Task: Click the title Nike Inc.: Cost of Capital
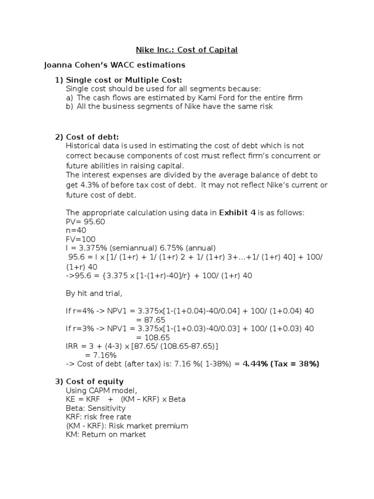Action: (186, 50)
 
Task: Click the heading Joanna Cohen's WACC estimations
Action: (114, 64)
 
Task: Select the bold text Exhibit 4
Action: (238, 212)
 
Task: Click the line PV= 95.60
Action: (85, 222)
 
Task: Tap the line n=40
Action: (76, 230)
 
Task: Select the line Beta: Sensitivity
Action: (95, 408)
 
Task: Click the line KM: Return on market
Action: (106, 435)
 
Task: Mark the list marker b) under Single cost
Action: (69, 106)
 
